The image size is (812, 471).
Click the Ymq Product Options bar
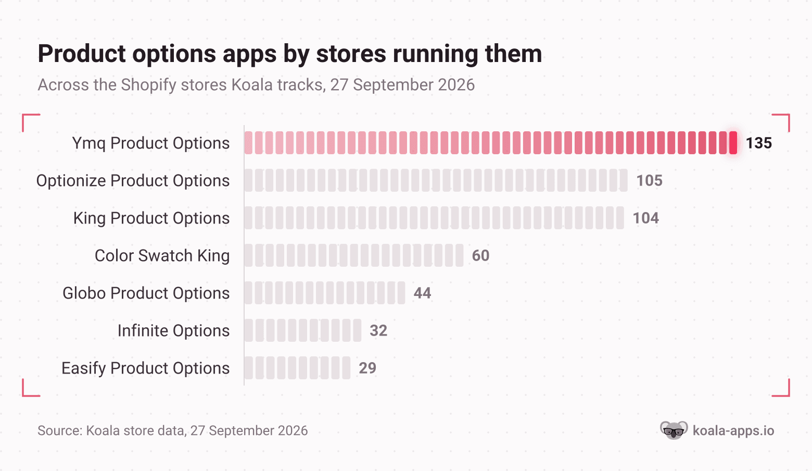click(x=491, y=143)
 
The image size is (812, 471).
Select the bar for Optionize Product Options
click(x=436, y=180)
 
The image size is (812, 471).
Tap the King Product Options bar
click(x=434, y=218)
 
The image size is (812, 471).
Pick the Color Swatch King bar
click(x=354, y=255)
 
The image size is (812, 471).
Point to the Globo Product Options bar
click(x=325, y=293)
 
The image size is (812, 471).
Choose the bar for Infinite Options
click(x=303, y=330)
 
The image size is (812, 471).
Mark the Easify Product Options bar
click(x=297, y=368)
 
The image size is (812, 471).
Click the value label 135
click(x=759, y=143)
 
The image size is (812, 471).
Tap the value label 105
click(x=650, y=180)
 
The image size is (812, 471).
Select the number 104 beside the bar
click(x=646, y=218)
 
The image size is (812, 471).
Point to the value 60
click(x=480, y=255)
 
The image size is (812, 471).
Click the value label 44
click(x=422, y=293)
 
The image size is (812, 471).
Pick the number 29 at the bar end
click(x=367, y=368)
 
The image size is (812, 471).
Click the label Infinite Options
click(x=174, y=330)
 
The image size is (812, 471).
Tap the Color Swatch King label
click(x=162, y=256)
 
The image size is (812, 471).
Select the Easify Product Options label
click(x=145, y=368)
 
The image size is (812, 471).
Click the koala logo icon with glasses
click(x=674, y=430)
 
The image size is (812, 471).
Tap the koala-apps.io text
click(x=733, y=431)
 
